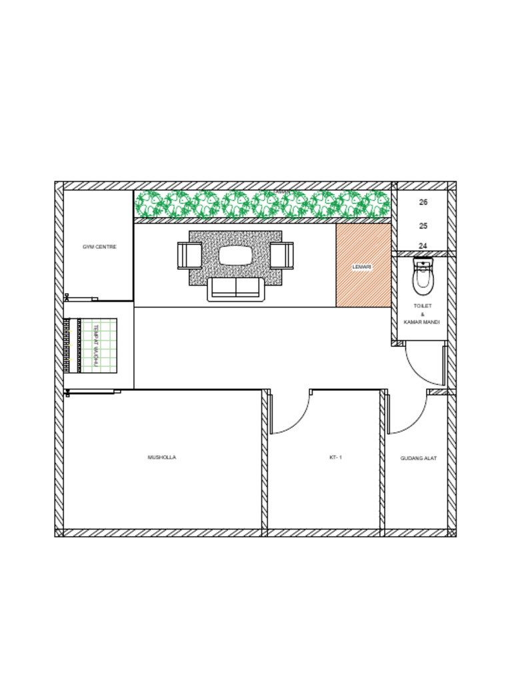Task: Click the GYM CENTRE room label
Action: point(99,247)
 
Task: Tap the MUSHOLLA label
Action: point(162,458)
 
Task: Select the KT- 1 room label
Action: point(335,458)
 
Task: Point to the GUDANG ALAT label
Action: point(419,458)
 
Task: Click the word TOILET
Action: point(423,306)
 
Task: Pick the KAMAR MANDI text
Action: point(422,322)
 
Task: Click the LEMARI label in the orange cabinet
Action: point(362,267)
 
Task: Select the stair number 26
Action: point(423,202)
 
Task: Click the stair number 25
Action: point(423,226)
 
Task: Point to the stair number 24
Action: point(423,246)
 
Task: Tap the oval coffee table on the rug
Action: point(235,255)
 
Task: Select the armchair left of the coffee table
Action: point(189,256)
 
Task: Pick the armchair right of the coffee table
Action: point(281,256)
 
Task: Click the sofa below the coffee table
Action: point(235,290)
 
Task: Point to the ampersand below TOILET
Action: point(423,314)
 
